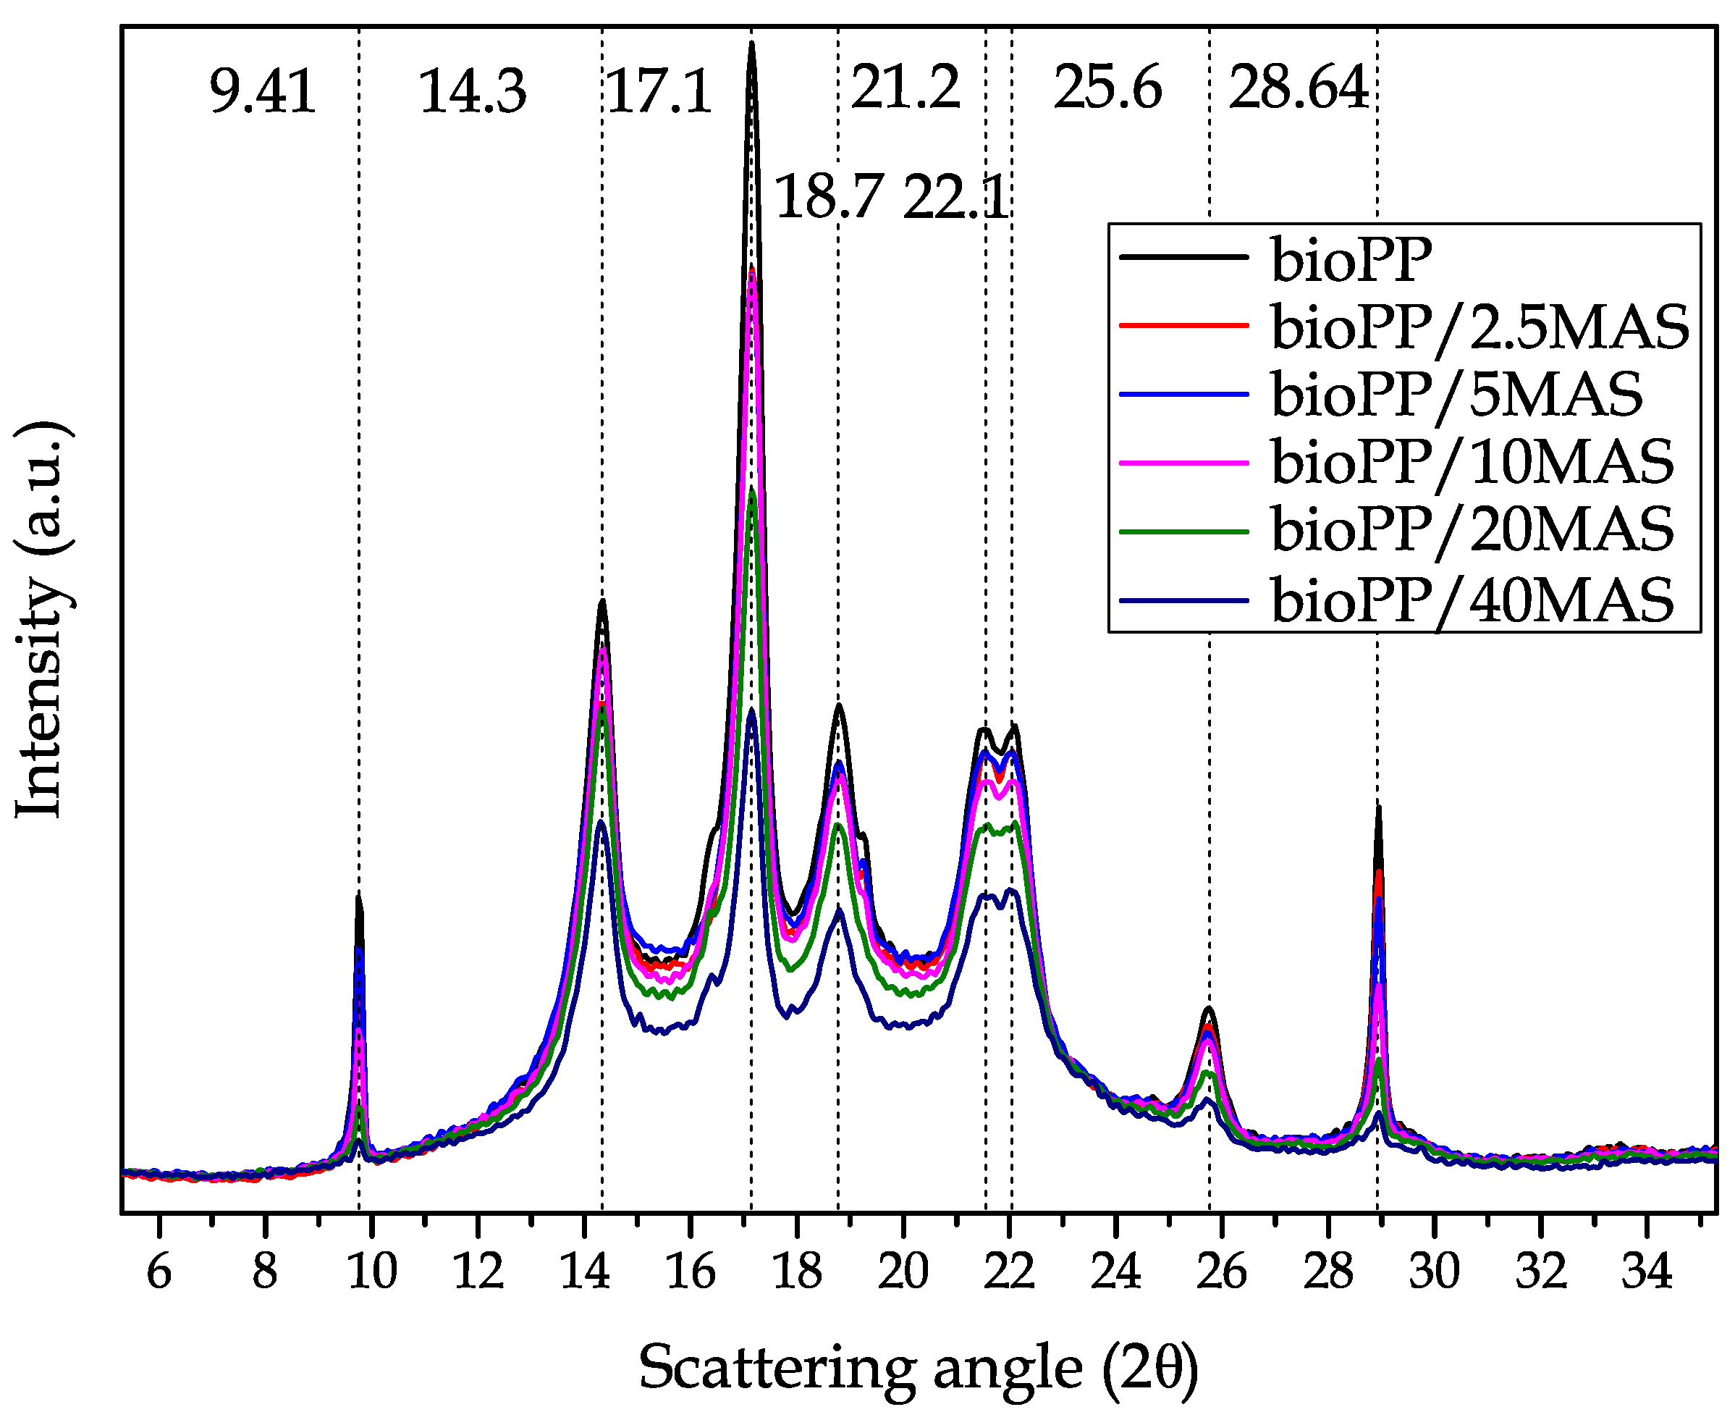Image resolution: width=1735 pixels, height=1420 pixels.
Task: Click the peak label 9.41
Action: click(263, 92)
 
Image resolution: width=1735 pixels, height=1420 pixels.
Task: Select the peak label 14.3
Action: click(473, 92)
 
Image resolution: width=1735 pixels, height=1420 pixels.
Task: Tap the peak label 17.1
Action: click(659, 92)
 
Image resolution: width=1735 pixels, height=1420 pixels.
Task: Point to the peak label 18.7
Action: click(827, 198)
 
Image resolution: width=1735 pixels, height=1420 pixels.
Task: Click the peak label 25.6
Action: click(1107, 88)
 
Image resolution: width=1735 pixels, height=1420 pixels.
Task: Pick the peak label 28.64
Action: click(1299, 88)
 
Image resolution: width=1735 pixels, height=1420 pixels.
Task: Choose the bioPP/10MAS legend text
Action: click(1472, 463)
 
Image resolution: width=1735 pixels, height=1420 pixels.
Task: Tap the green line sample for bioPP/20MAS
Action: click(1184, 532)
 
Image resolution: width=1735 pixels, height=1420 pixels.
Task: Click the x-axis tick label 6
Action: click(159, 1272)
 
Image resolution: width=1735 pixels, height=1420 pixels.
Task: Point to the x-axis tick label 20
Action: click(903, 1272)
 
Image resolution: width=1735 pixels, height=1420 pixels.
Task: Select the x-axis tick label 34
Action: click(1646, 1272)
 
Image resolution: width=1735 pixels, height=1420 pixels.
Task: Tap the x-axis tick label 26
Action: click(1222, 1272)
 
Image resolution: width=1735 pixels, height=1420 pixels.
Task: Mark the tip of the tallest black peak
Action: click(751, 44)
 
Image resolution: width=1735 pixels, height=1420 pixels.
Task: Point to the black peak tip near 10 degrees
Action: click(358, 896)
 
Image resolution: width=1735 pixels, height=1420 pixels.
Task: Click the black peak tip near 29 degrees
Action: click(1378, 808)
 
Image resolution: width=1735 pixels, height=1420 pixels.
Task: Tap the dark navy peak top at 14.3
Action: click(601, 821)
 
